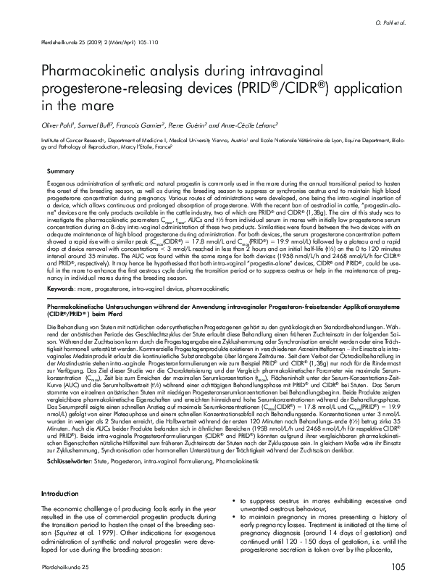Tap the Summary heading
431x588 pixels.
click(61, 170)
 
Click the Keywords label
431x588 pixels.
click(63, 289)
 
